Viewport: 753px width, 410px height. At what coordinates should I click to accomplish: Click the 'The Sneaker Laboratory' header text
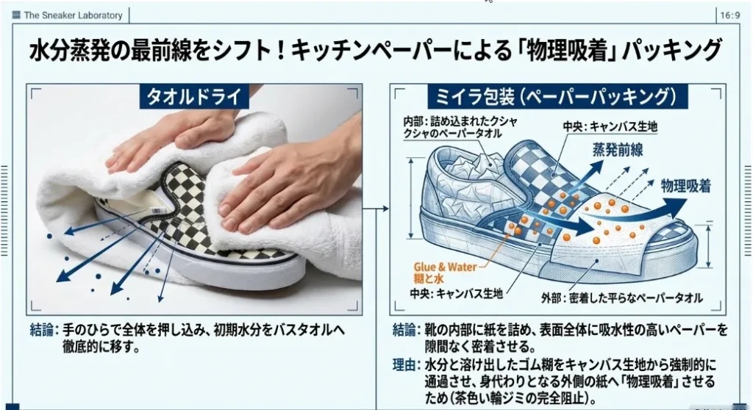(73, 15)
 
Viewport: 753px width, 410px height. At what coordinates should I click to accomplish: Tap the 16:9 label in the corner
(729, 15)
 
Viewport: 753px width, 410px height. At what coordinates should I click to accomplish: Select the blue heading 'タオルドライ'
(194, 97)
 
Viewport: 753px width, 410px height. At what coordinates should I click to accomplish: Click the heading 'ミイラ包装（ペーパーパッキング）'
(557, 96)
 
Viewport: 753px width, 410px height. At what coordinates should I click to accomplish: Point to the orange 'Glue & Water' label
(445, 267)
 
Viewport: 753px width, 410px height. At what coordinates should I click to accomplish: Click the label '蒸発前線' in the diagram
(618, 151)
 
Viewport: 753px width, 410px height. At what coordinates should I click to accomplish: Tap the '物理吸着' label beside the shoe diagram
(686, 187)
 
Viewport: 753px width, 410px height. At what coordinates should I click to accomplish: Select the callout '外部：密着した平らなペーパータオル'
(621, 298)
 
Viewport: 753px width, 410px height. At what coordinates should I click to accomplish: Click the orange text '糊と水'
(429, 279)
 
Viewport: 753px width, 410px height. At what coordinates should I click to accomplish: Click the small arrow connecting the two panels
(376, 209)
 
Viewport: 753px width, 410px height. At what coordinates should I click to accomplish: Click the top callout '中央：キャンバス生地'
(610, 126)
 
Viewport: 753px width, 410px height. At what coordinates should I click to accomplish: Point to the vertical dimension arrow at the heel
(411, 198)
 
